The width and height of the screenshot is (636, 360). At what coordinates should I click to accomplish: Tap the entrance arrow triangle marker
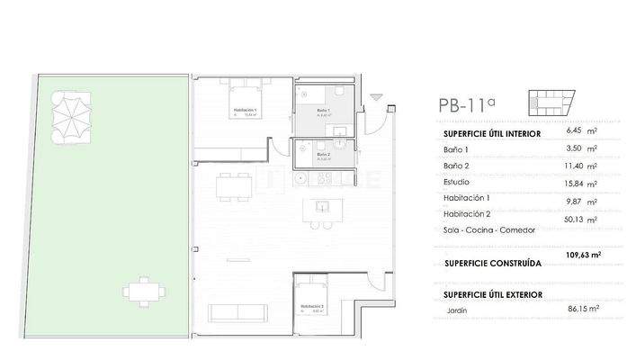pos(376,97)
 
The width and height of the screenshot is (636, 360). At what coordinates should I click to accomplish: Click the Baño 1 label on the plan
pos(324,112)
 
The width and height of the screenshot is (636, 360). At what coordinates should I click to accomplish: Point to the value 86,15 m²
pos(580,308)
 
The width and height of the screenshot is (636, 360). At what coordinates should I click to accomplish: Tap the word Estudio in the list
pos(458,182)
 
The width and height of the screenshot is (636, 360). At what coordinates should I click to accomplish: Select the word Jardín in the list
pos(458,311)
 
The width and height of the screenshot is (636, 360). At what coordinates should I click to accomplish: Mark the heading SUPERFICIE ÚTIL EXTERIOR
pos(494,294)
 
